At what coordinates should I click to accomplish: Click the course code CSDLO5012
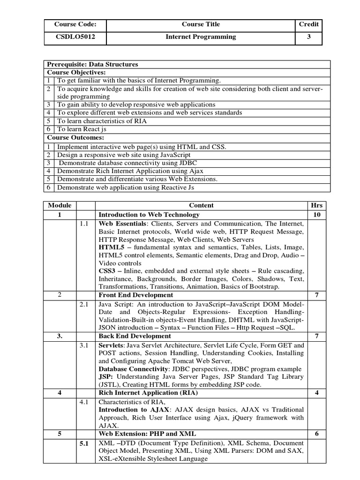coord(75,37)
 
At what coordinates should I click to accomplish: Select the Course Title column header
coord(201,24)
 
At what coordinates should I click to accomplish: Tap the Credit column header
coord(309,24)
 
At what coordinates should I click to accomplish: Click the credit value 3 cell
coord(309,37)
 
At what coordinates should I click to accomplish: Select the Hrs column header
coord(316,205)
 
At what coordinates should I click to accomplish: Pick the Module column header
coord(60,205)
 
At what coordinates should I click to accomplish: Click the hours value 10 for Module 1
coord(316,215)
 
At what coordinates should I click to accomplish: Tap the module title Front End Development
coord(135,295)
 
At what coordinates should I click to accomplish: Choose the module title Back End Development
coord(135,336)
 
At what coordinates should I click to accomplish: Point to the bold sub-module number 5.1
coord(84,443)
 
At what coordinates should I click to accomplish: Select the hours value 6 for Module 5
coord(316,434)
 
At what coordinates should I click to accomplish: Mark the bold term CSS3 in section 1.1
coord(107,271)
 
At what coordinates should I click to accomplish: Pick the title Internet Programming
coord(201,37)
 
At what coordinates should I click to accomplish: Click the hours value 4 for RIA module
coord(316,392)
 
